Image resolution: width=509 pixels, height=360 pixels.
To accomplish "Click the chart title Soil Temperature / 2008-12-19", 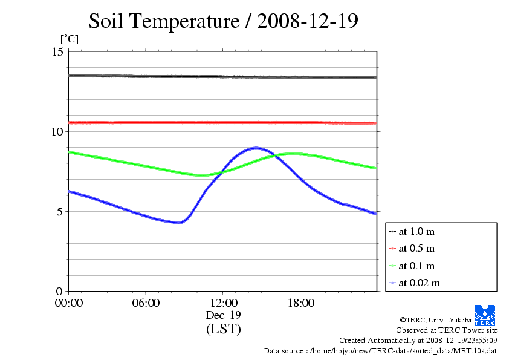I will click(224, 21).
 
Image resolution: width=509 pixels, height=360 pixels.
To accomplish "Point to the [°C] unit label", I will click(69, 39).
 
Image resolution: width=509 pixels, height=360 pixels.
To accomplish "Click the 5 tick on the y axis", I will click(60, 212).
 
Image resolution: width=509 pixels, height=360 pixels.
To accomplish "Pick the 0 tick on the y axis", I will click(60, 292).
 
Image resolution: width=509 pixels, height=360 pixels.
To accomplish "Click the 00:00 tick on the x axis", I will click(69, 303).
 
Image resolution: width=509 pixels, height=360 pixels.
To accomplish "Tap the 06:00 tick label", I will click(146, 303).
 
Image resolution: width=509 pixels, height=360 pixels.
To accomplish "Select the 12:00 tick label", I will click(223, 303).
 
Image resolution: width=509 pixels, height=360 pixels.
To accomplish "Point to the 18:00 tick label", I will click(300, 303).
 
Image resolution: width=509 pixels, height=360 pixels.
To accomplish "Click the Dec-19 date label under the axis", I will click(223, 315).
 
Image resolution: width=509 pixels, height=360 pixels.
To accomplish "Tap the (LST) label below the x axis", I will click(223, 329).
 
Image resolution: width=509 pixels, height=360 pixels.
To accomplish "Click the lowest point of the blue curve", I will click(178, 223).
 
